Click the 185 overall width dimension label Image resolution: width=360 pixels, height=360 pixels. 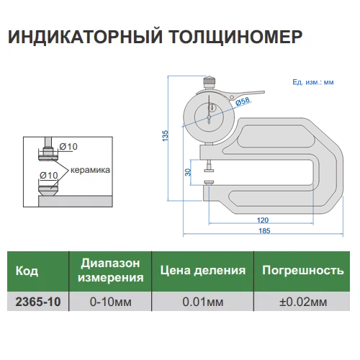coord(264,230)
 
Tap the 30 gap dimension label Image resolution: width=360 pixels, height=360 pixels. coord(189,172)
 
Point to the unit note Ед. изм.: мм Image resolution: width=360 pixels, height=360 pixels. coord(313,83)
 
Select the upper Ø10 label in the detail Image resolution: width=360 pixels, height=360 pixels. coord(68,147)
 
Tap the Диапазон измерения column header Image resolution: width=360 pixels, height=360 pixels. coord(111,271)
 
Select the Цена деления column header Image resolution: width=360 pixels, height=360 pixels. coord(202,271)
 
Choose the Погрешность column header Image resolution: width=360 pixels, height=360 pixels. coord(302,271)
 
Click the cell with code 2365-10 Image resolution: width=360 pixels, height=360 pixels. coord(37,301)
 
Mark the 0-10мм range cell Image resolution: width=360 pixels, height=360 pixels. coord(111,301)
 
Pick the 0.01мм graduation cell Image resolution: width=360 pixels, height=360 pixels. coord(202,301)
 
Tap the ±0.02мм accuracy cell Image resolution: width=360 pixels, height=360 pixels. coord(302,301)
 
